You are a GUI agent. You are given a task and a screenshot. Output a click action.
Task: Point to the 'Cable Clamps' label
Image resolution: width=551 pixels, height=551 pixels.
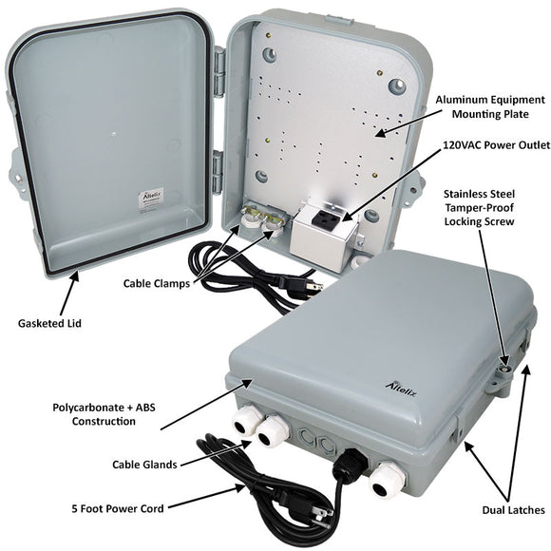coord(158,282)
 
